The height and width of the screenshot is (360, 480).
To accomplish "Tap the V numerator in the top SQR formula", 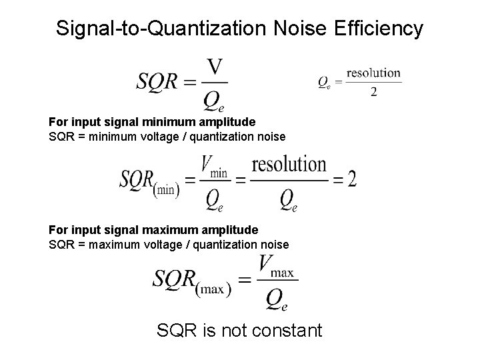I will pos(214,67).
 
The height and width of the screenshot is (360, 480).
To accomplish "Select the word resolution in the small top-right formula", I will pos(373,73).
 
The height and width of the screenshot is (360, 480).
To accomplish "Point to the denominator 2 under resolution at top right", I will pos(373,92).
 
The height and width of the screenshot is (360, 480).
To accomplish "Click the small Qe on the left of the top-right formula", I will pos(323,83).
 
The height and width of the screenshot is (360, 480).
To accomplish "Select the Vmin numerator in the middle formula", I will pos(213,167).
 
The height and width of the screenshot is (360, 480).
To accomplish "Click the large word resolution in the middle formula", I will pos(289,165).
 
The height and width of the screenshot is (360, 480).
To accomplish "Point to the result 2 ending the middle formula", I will pos(351,178).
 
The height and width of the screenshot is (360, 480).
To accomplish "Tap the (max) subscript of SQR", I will pos(211,287).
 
